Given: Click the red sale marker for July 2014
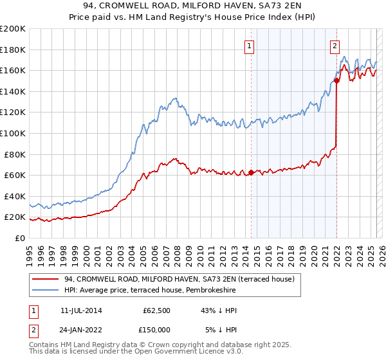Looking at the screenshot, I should coord(251,172).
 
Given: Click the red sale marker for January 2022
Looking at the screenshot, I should coord(336,80).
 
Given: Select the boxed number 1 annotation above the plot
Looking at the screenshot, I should coord(248,45).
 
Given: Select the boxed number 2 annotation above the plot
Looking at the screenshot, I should coord(335,45).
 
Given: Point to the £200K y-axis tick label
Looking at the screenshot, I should coord(13,29).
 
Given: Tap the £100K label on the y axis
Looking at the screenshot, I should coord(13,133).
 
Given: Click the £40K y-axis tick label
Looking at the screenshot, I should coord(15,196).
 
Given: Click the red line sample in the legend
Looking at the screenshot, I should coord(46,279).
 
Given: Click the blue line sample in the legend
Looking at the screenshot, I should coord(46,290).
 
